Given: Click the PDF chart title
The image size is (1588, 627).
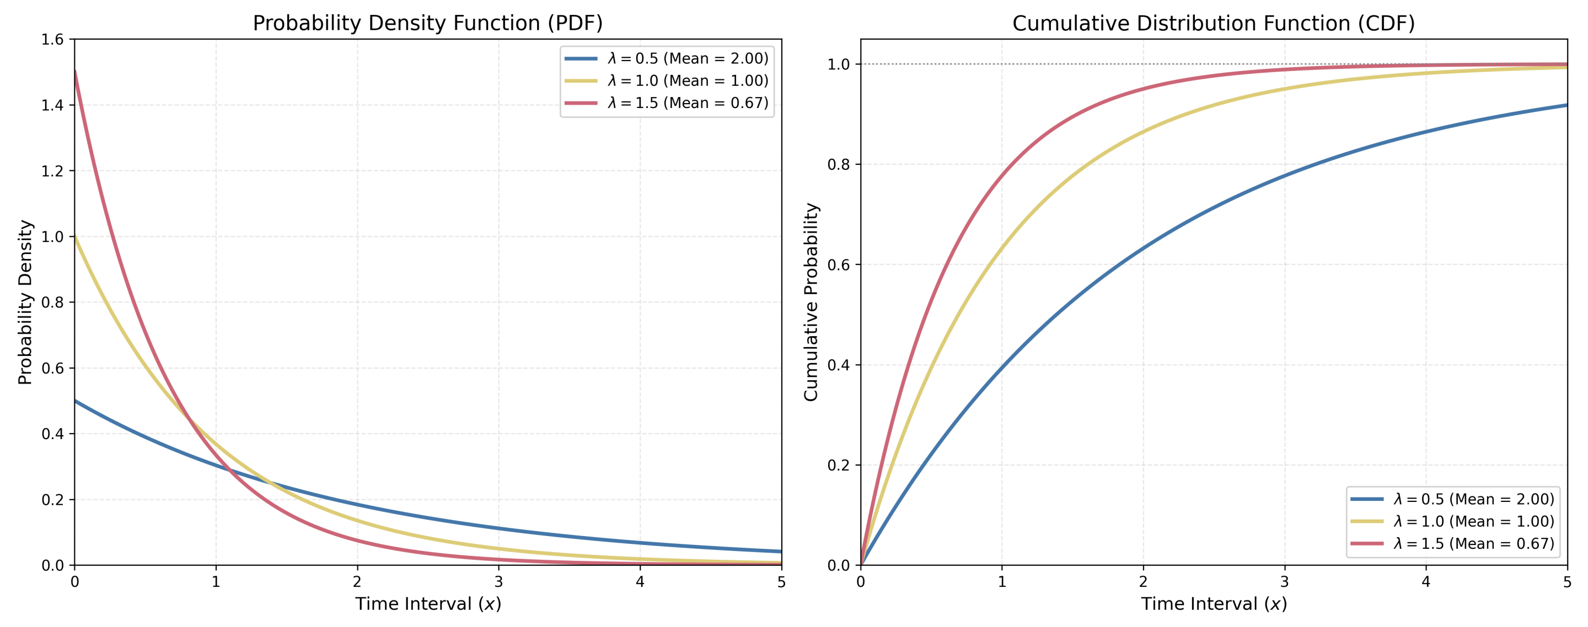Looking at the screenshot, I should [427, 23].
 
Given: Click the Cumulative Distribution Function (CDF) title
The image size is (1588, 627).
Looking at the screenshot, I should [1213, 23].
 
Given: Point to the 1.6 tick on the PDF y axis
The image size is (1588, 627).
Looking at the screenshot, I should [52, 40].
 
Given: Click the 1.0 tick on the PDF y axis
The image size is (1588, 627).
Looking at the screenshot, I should [52, 236].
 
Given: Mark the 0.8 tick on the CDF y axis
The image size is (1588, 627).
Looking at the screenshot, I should [838, 164].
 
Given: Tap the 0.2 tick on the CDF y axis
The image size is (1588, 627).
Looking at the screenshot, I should [838, 465].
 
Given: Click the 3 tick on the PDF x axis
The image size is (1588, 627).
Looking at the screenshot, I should [498, 581].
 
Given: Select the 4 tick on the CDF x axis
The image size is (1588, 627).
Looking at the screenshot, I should [1426, 581].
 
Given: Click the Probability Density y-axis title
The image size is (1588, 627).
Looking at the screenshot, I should [25, 302].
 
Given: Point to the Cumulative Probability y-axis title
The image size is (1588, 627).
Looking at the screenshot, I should [811, 302].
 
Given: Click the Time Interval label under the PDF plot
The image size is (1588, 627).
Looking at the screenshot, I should [428, 604].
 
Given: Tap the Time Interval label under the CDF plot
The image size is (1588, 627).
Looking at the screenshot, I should [1214, 604].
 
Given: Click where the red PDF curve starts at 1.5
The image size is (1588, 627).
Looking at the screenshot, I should [75, 72].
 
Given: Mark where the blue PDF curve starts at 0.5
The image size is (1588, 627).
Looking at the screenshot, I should [75, 401].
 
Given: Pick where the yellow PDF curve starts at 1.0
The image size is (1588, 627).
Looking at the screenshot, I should [75, 236].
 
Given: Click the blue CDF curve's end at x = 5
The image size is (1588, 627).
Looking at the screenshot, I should [1566, 105].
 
